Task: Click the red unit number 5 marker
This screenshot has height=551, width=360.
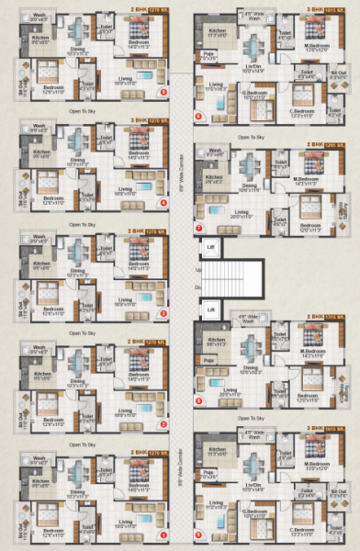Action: click(x=163, y=92)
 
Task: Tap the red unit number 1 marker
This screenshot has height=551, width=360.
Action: click(x=163, y=534)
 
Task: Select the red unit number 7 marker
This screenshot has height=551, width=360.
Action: click(x=199, y=227)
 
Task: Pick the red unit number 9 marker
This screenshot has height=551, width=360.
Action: click(x=199, y=531)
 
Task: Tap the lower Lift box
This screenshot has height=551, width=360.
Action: click(x=210, y=309)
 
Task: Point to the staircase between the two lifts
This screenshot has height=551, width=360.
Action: click(x=231, y=279)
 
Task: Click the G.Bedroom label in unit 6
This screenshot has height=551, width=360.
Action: click(x=254, y=91)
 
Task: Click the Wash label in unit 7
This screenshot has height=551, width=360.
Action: click(x=215, y=150)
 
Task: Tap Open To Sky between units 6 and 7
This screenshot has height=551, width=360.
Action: click(x=252, y=136)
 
